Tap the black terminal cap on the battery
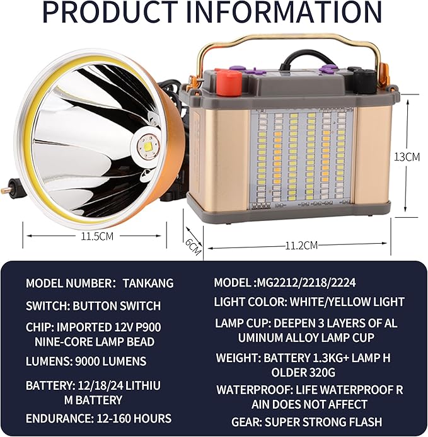[363, 75]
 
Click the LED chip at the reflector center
[148, 145]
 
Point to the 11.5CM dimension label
[97, 236]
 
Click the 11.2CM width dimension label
[301, 246]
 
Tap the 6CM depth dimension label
[193, 246]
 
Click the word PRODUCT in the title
[110, 13]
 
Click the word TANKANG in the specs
[148, 283]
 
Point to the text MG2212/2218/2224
[306, 283]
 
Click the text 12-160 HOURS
[134, 419]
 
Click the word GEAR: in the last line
[246, 423]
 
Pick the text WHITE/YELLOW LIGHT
[347, 302]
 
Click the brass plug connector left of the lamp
[8, 188]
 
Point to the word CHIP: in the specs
[40, 327]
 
